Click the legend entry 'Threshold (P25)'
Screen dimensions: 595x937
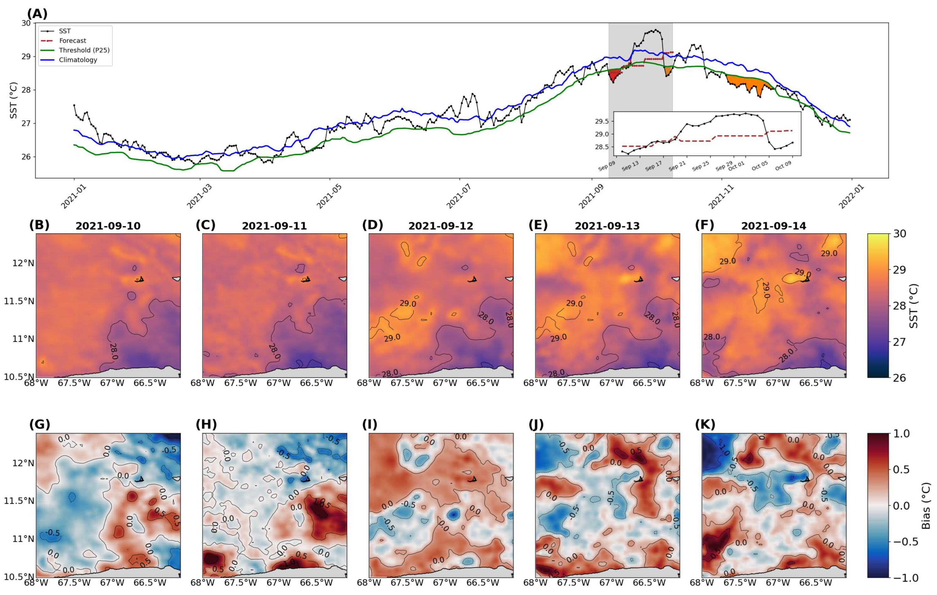click(x=84, y=50)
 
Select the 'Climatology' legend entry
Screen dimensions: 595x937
click(x=78, y=60)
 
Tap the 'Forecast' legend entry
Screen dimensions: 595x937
click(x=72, y=40)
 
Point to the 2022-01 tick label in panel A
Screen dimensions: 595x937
click(x=851, y=196)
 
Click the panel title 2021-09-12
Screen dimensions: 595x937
click(x=441, y=226)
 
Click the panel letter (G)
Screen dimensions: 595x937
click(x=40, y=424)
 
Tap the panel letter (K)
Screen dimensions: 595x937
click(x=705, y=424)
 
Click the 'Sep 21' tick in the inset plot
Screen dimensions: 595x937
click(x=677, y=166)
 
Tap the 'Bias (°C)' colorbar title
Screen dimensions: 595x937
click(x=927, y=505)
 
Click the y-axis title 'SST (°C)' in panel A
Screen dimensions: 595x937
click(x=13, y=100)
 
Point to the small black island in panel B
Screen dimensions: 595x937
click(x=140, y=279)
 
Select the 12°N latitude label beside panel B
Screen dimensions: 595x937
click(x=23, y=263)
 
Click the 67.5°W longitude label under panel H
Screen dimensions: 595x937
click(x=240, y=583)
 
